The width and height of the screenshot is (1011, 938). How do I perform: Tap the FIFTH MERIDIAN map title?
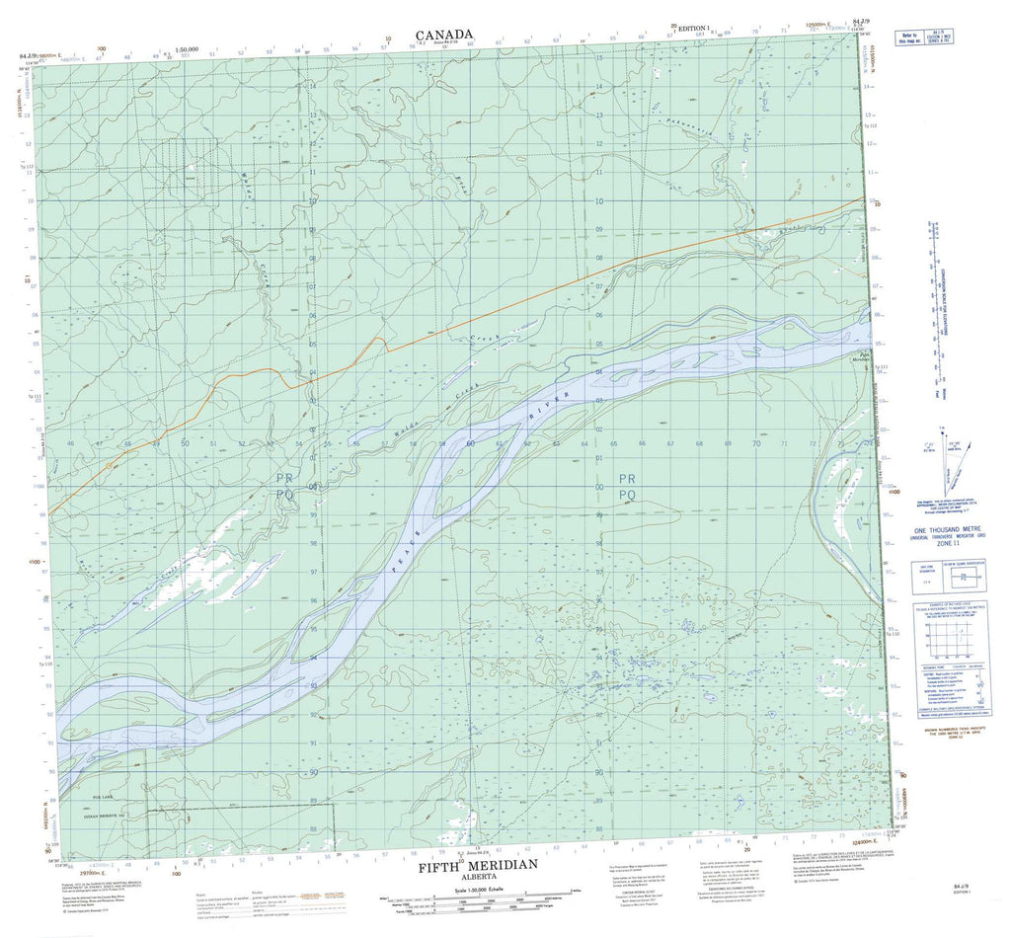tap(478, 865)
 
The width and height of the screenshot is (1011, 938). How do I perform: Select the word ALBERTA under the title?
tap(477, 877)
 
